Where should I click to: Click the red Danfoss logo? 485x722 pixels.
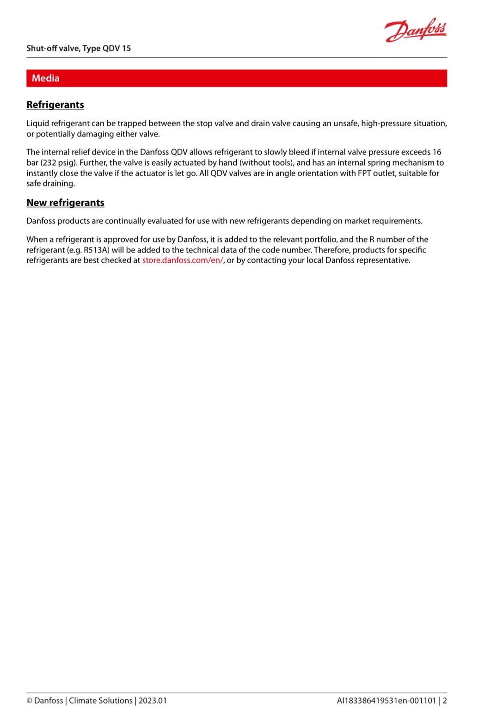pyautogui.click(x=415, y=30)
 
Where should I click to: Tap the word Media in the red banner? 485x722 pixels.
pyautogui.click(x=46, y=78)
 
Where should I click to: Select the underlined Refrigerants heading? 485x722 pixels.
pyautogui.click(x=55, y=105)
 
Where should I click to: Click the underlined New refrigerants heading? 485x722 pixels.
pyautogui.click(x=65, y=203)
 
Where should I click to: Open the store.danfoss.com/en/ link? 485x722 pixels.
pyautogui.click(x=183, y=260)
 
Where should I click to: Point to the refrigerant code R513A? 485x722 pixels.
pyautogui.click(x=96, y=250)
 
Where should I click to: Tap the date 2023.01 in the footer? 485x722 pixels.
pyautogui.click(x=153, y=700)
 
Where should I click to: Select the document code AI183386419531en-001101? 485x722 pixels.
pyautogui.click(x=387, y=700)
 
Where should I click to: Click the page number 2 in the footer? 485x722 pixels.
pyautogui.click(x=445, y=700)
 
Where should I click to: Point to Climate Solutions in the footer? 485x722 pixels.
pyautogui.click(x=101, y=700)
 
